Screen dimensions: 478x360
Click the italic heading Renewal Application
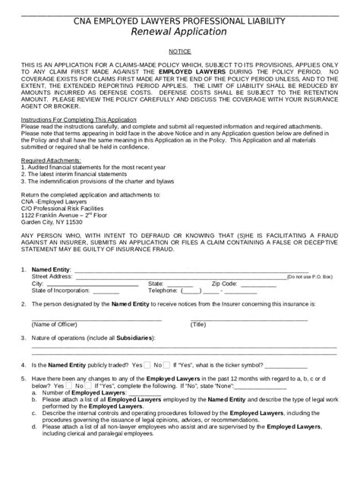click(179, 32)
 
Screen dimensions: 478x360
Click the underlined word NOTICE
click(179, 48)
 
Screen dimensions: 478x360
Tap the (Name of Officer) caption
click(56, 323)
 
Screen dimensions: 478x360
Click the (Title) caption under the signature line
click(199, 323)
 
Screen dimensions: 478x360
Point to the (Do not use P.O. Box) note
click(309, 277)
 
